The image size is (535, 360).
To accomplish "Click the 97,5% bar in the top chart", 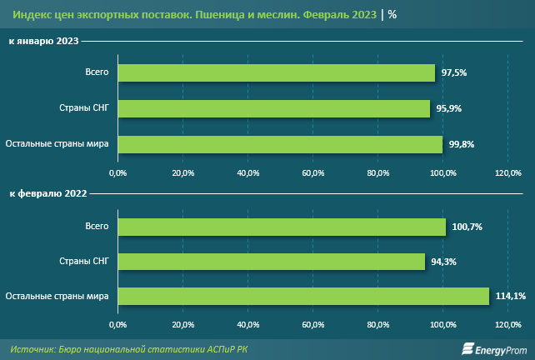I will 276,73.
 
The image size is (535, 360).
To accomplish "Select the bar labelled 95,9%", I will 273,109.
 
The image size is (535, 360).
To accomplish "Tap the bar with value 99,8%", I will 280,145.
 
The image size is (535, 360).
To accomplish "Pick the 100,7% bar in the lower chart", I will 282,227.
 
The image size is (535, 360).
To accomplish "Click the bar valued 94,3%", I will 271,262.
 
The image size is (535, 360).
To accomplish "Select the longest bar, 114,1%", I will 303,297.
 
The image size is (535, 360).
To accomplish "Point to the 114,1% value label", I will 506,297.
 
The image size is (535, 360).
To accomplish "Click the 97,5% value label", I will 453,73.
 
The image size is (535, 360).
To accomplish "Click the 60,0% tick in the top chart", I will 312,172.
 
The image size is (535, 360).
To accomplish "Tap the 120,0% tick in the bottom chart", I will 507,324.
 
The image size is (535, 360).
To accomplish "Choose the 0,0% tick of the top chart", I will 117,172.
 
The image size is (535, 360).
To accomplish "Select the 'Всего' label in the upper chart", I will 97,73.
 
